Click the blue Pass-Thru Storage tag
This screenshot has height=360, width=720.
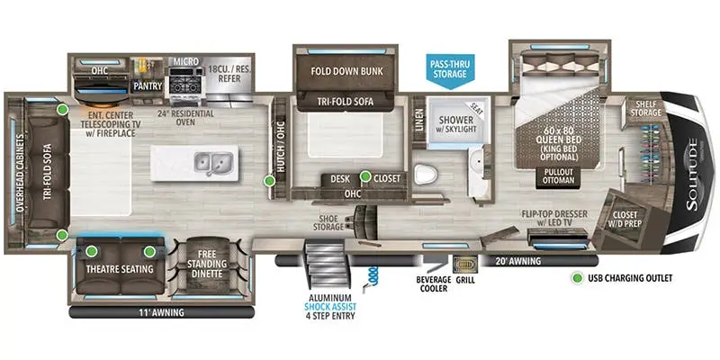click(448, 67)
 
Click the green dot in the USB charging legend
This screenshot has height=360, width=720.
click(576, 279)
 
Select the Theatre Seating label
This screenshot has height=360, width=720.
click(120, 269)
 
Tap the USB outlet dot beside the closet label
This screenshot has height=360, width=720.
click(365, 176)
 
